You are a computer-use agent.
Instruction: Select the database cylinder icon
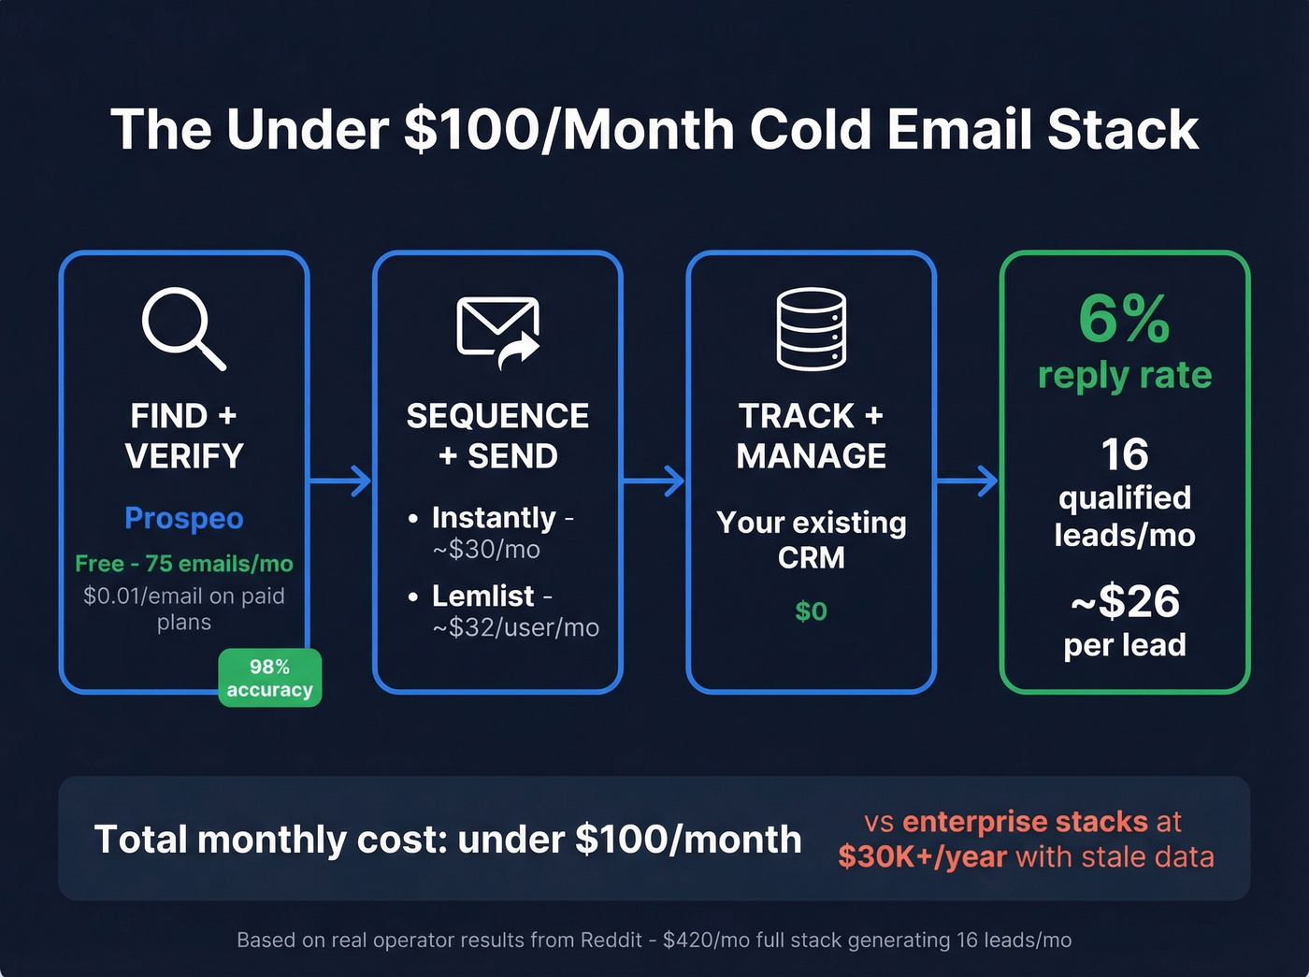click(x=811, y=328)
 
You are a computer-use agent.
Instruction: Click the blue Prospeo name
click(x=184, y=518)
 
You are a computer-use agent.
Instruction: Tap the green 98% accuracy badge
click(x=269, y=678)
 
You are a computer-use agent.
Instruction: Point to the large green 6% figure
click(x=1124, y=319)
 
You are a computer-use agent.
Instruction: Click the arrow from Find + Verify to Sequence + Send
click(x=340, y=481)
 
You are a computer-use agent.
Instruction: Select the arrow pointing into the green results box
click(x=967, y=481)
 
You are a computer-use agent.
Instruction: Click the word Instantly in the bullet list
click(x=494, y=517)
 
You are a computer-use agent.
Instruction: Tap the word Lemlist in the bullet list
click(x=482, y=596)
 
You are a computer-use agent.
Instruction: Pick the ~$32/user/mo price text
click(x=515, y=627)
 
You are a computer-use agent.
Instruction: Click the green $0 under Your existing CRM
click(x=811, y=611)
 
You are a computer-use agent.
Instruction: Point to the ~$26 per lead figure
click(x=1125, y=601)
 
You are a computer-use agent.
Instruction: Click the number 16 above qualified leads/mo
click(x=1124, y=455)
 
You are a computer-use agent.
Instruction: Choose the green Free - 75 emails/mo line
click(x=184, y=564)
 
